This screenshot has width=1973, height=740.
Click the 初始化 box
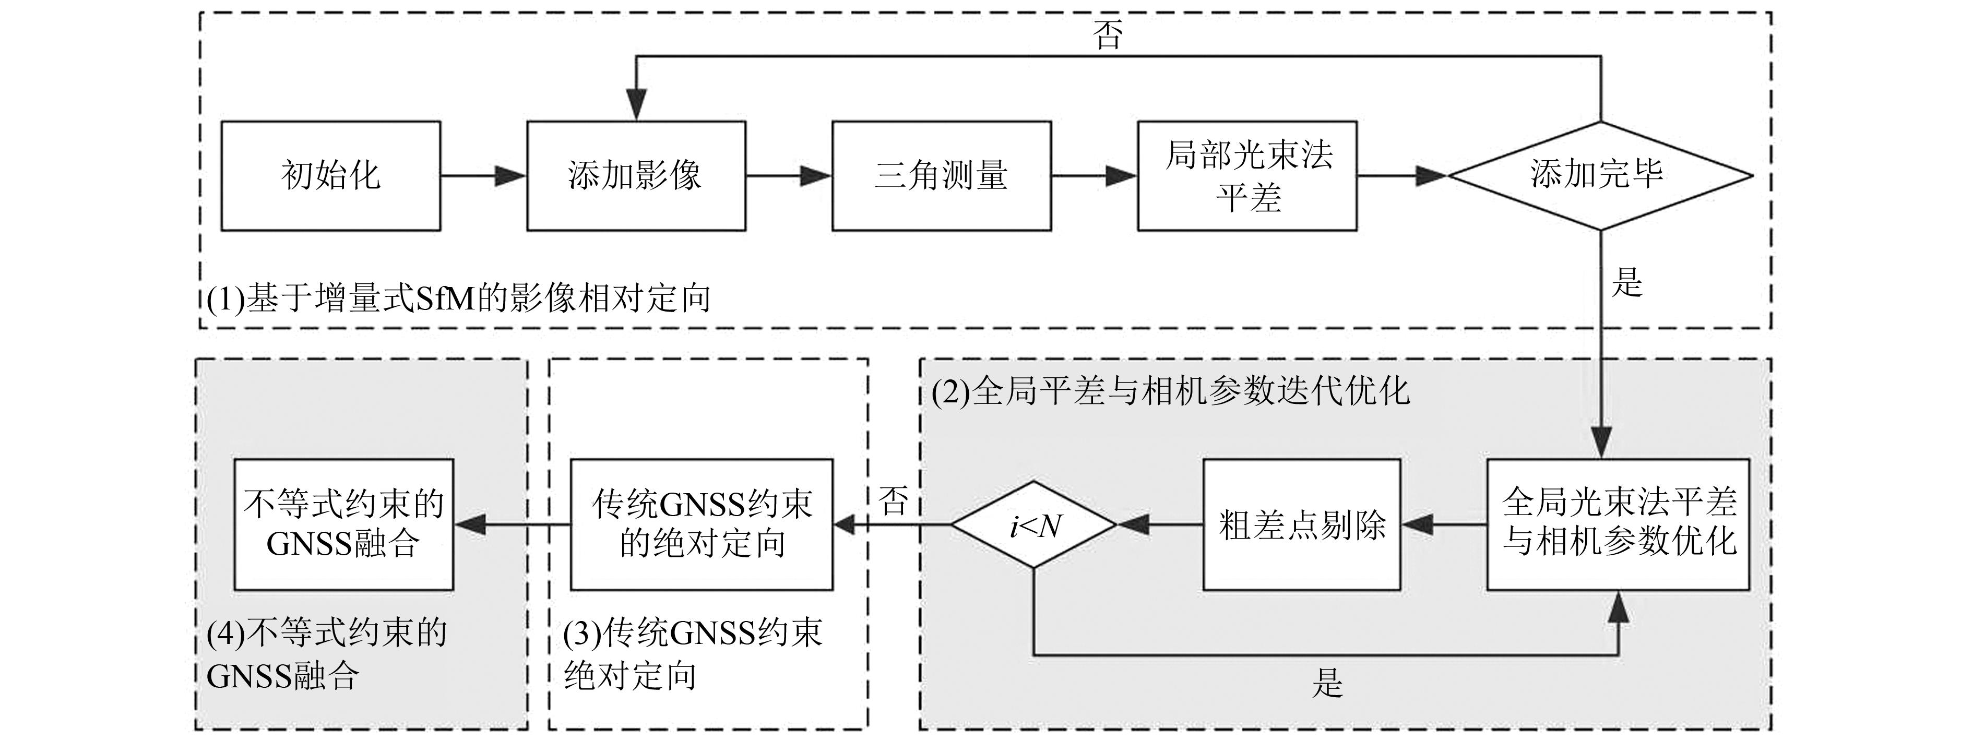(x=331, y=175)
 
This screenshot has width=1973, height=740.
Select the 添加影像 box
(x=636, y=175)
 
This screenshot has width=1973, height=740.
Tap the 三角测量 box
(x=941, y=175)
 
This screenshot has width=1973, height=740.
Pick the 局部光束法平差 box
(x=1247, y=175)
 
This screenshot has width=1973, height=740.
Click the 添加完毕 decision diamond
(x=1600, y=175)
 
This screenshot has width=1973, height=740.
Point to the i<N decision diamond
(x=1034, y=525)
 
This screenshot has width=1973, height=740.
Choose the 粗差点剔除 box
(x=1302, y=525)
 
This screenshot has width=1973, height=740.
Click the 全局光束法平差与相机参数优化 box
(x=1618, y=525)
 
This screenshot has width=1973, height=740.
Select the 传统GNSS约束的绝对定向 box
(x=702, y=525)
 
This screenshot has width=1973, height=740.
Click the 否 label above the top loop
(x=1108, y=34)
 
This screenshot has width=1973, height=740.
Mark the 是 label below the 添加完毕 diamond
(x=1627, y=281)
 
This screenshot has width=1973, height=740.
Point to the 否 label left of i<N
(x=893, y=502)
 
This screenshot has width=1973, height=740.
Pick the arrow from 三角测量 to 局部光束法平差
(x=1094, y=175)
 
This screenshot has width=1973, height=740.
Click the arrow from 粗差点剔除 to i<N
(x=1160, y=525)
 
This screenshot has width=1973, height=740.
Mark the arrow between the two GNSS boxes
(x=512, y=525)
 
